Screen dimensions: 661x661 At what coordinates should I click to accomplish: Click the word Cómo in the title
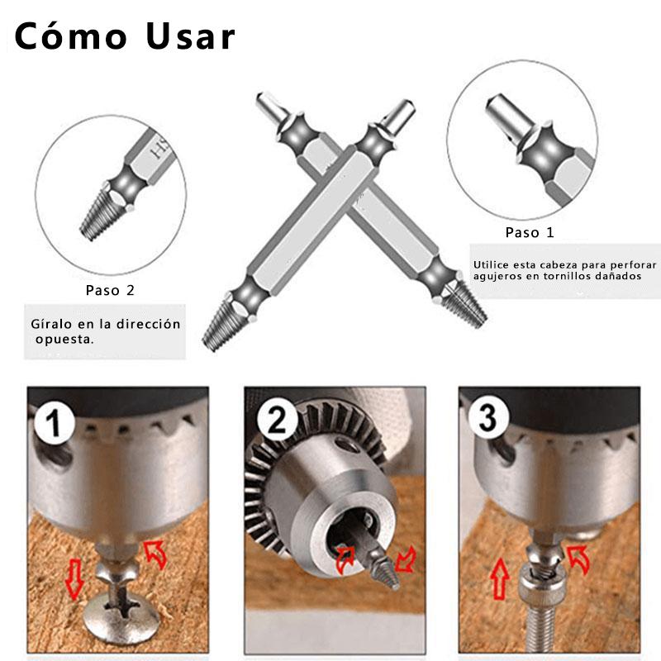[x=71, y=36]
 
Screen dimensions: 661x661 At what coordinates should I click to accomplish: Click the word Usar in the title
[x=190, y=36]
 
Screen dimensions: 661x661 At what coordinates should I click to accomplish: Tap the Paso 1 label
[x=530, y=232]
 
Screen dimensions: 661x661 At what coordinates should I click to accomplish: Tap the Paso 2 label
[x=110, y=290]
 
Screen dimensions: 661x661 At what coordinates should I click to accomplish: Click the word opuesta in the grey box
[x=64, y=340]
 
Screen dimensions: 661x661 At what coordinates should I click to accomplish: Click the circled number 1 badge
[x=54, y=422]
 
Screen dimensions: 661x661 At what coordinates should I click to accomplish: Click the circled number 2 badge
[x=276, y=420]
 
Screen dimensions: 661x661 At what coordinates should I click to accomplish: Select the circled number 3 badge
[x=487, y=418]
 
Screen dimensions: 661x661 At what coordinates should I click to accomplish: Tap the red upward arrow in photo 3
[x=500, y=578]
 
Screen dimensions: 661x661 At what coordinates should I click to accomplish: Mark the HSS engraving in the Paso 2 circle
[x=160, y=150]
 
